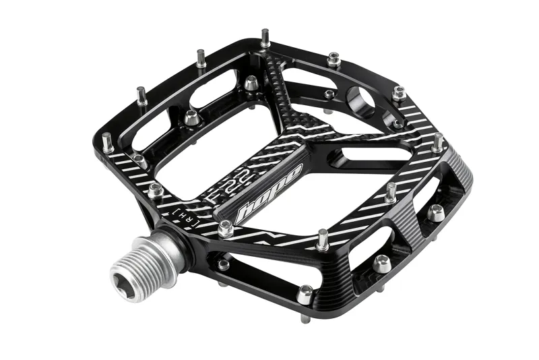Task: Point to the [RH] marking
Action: [186, 218]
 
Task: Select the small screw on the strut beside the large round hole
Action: [329, 94]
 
